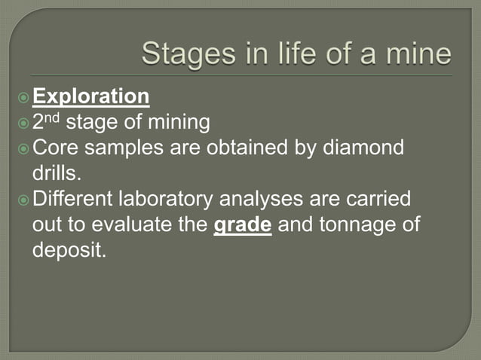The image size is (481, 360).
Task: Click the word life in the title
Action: pos(285,56)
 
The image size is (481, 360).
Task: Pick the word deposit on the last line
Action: pos(69,251)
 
